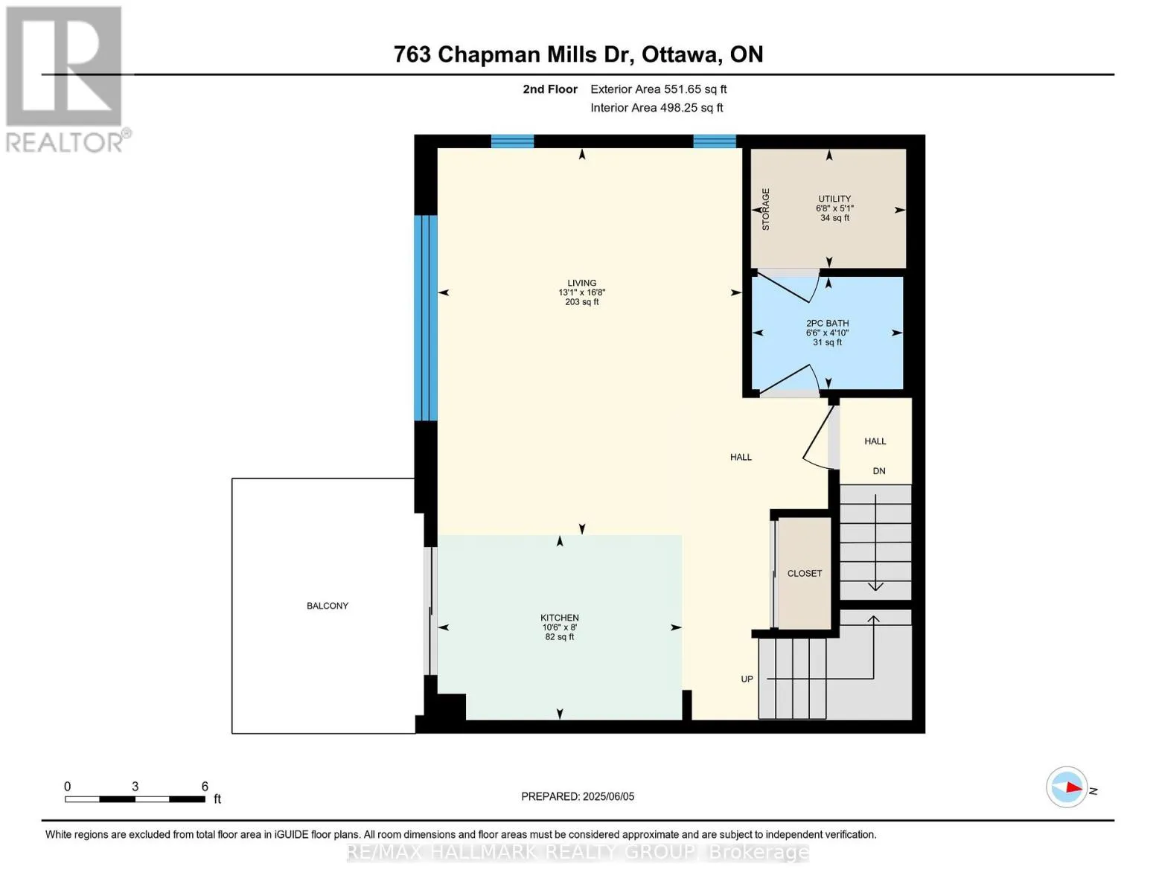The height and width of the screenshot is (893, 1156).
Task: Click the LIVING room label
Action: coord(581,283)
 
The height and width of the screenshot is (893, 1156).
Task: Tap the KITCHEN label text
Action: coord(559,618)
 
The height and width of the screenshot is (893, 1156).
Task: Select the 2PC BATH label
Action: coord(827,323)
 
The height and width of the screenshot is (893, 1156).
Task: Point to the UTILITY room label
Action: coord(834,199)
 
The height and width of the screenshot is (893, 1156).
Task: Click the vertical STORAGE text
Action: coord(765,209)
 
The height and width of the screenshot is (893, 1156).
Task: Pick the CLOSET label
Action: coord(805,573)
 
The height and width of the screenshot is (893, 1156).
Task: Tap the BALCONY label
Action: coord(328,605)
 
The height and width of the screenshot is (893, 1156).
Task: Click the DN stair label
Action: coord(879,471)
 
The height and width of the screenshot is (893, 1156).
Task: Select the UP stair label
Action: coord(747,679)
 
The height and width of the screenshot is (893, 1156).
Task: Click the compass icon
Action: coord(1066,787)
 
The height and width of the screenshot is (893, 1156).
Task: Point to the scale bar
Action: coord(135,798)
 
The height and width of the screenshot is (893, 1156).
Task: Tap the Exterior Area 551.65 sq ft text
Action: coord(658,89)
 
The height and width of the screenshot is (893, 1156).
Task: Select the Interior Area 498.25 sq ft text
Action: coord(657,108)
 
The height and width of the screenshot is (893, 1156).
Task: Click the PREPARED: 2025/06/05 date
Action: coord(578,796)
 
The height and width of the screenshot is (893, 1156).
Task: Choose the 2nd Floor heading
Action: coord(550,89)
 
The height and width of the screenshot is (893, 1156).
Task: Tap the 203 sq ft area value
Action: coord(581,302)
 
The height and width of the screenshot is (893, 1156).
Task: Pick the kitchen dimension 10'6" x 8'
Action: coord(559,627)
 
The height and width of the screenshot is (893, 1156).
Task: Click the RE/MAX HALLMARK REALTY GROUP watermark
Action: coord(578,852)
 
